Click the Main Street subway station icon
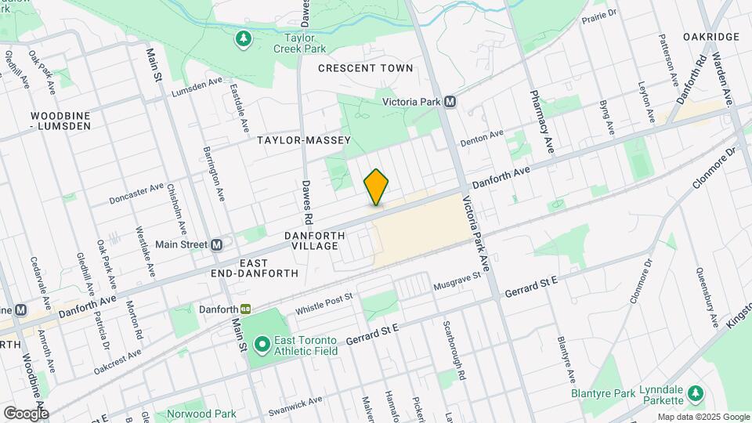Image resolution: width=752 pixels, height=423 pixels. coord(218,244)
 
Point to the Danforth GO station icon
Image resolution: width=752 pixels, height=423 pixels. coord(245,310)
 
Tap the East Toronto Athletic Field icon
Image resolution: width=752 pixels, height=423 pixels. coord(261,343)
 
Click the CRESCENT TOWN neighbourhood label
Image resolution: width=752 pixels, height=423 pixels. coord(366,68)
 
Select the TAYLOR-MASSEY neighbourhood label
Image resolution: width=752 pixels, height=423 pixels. coord(303,140)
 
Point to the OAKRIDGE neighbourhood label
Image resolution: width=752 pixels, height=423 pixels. coord(710,37)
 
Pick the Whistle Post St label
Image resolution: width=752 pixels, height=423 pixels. coord(324,303)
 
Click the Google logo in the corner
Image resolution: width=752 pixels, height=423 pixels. coord(26,413)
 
